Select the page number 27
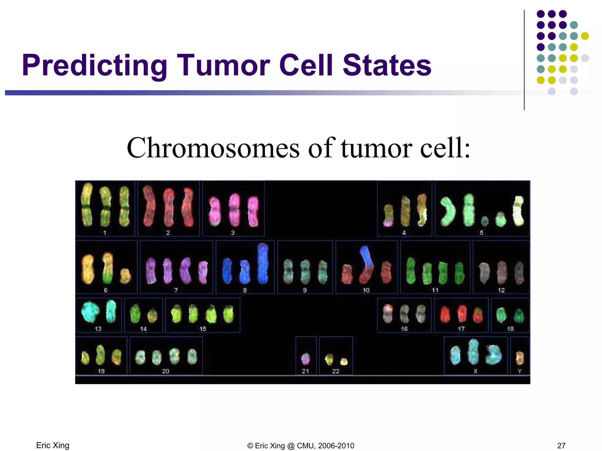561,446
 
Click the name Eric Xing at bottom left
53,445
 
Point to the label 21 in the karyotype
305,371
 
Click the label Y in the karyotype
520,371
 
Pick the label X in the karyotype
475,371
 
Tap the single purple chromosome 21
306,359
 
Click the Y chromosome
520,357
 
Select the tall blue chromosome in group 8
263,263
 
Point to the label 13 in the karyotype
98,329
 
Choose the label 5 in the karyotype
481,233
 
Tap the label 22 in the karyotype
336,371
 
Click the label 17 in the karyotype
461,329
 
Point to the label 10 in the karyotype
366,290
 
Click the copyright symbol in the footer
250,446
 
